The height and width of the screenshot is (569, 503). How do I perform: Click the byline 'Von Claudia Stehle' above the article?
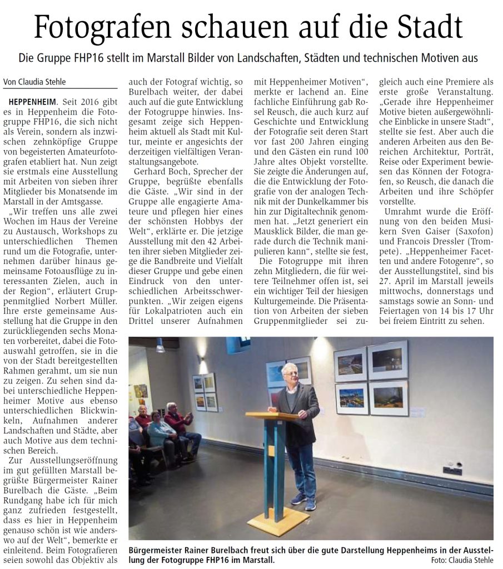click(35, 82)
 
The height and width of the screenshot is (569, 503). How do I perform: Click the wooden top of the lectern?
click(272, 416)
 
